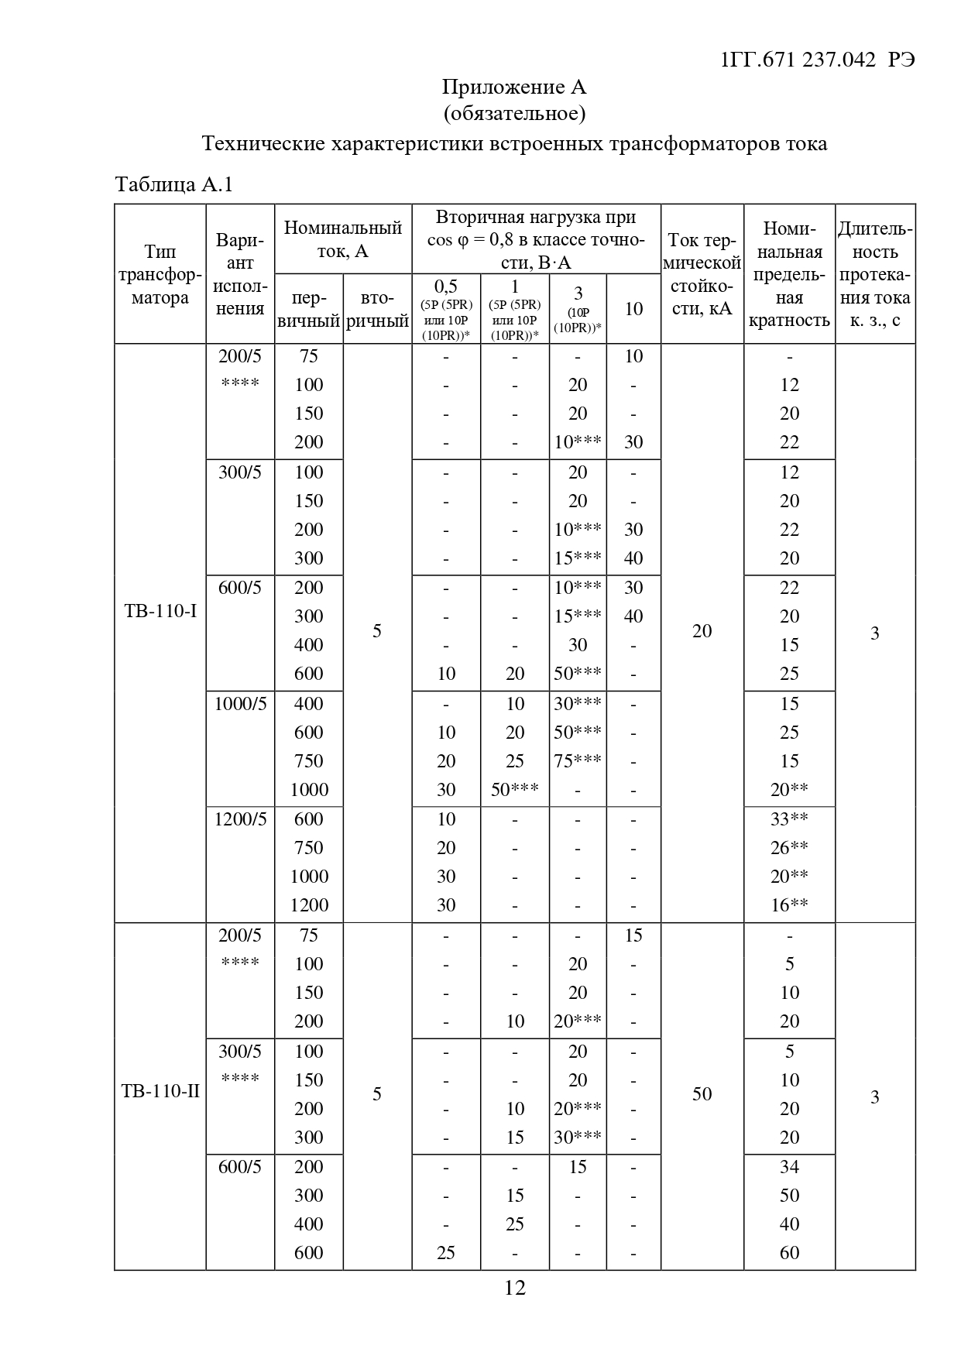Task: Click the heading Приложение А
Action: [514, 87]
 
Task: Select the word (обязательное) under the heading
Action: [514, 114]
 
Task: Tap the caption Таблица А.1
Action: [173, 184]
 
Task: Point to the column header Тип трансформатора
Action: [160, 275]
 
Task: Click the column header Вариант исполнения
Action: [240, 275]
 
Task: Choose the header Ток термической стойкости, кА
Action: [702, 274]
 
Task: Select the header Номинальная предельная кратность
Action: [789, 274]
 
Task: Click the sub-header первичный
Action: [309, 310]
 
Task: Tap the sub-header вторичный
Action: [377, 310]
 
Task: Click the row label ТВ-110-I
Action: [160, 612]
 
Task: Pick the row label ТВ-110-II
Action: [160, 1092]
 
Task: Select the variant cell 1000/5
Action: [240, 704]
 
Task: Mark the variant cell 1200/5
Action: [240, 819]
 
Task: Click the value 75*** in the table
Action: [578, 761]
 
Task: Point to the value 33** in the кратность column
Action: [789, 819]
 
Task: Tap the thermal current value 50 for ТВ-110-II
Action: [702, 1094]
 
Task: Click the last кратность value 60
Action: [789, 1253]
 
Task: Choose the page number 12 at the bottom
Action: [515, 1288]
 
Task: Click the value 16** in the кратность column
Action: [789, 905]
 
